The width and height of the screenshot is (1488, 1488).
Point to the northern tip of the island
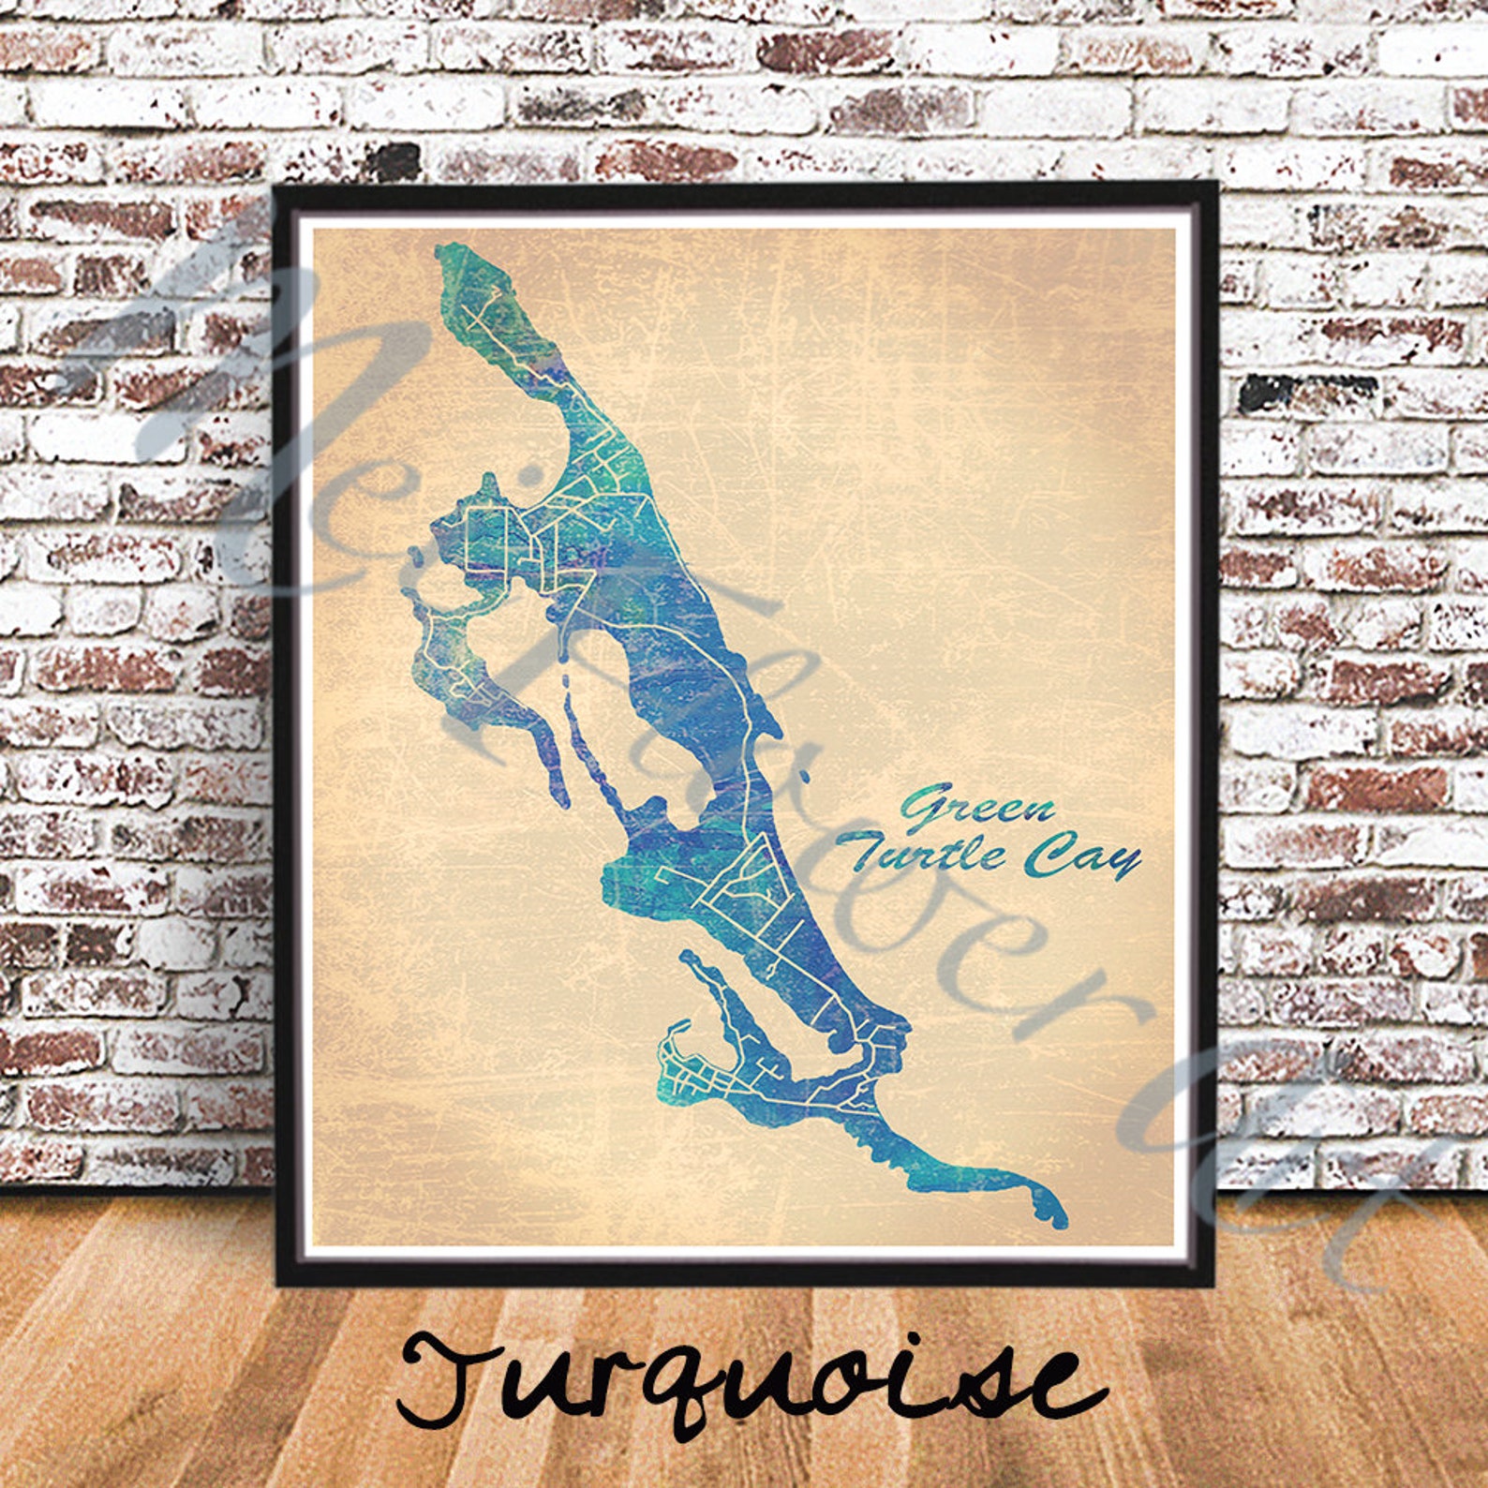coord(441,251)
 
